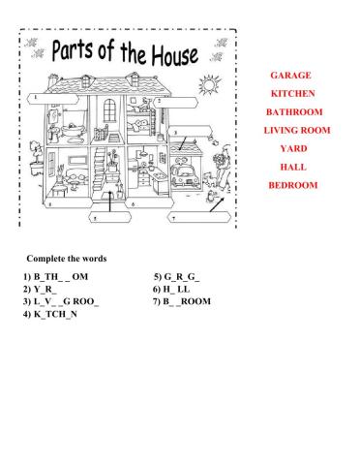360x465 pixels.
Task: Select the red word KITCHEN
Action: pyautogui.click(x=293, y=94)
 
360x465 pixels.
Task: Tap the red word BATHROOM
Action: pyautogui.click(x=293, y=112)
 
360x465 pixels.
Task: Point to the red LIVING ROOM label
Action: pyautogui.click(x=297, y=131)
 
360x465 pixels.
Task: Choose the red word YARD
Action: pyautogui.click(x=293, y=149)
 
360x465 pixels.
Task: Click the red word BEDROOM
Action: pyautogui.click(x=293, y=186)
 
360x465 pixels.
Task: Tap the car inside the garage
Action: pyautogui.click(x=182, y=177)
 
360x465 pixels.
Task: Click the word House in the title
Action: pyautogui.click(x=161, y=54)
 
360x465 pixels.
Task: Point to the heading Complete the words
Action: pyautogui.click(x=67, y=259)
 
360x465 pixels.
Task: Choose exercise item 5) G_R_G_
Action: pyautogui.click(x=176, y=277)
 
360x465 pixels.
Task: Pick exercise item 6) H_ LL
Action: pyautogui.click(x=171, y=290)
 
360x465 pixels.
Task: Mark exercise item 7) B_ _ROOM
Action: pyautogui.click(x=181, y=302)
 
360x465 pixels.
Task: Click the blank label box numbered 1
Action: pyautogui.click(x=46, y=98)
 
